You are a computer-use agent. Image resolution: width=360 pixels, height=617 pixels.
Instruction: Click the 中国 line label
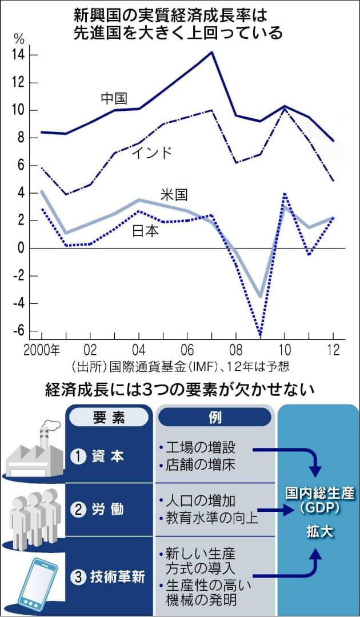(114, 98)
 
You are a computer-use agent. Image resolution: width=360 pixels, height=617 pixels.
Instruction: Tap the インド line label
(151, 153)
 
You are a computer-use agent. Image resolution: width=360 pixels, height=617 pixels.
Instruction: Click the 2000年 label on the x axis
(42, 349)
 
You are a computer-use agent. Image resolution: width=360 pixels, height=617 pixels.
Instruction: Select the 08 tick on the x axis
(236, 349)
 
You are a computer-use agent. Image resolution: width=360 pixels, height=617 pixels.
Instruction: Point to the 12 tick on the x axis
(333, 349)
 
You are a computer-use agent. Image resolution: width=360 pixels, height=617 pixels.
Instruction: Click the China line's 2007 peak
(212, 52)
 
